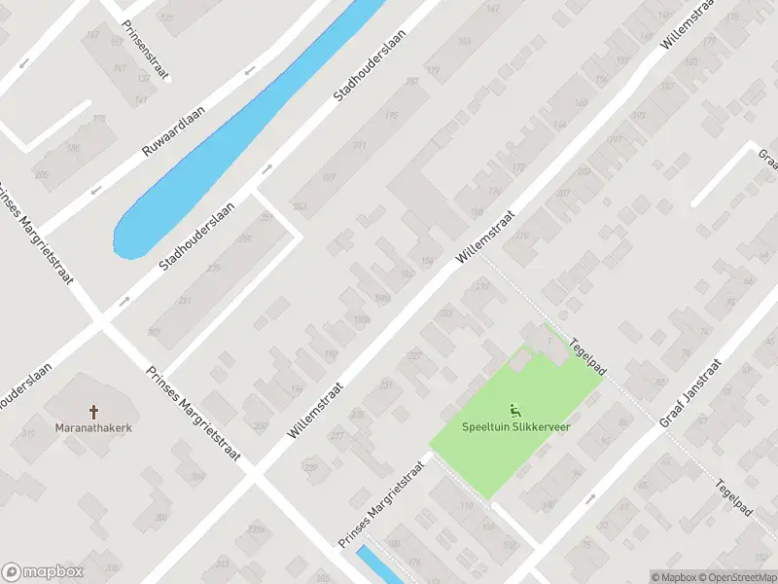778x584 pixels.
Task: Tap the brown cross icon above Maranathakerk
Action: (x=95, y=412)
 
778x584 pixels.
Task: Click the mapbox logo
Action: (x=43, y=571)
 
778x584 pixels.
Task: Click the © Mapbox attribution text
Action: (x=673, y=576)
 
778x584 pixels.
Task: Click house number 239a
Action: (x=256, y=529)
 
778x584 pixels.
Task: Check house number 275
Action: (x=213, y=268)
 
